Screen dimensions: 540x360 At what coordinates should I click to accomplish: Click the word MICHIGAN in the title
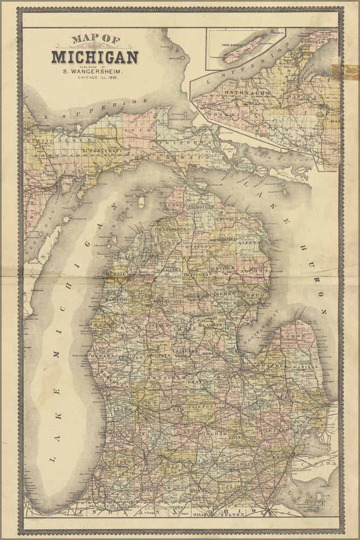pyautogui.click(x=95, y=57)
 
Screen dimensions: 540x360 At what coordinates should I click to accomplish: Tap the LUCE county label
pyautogui.click(x=132, y=130)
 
